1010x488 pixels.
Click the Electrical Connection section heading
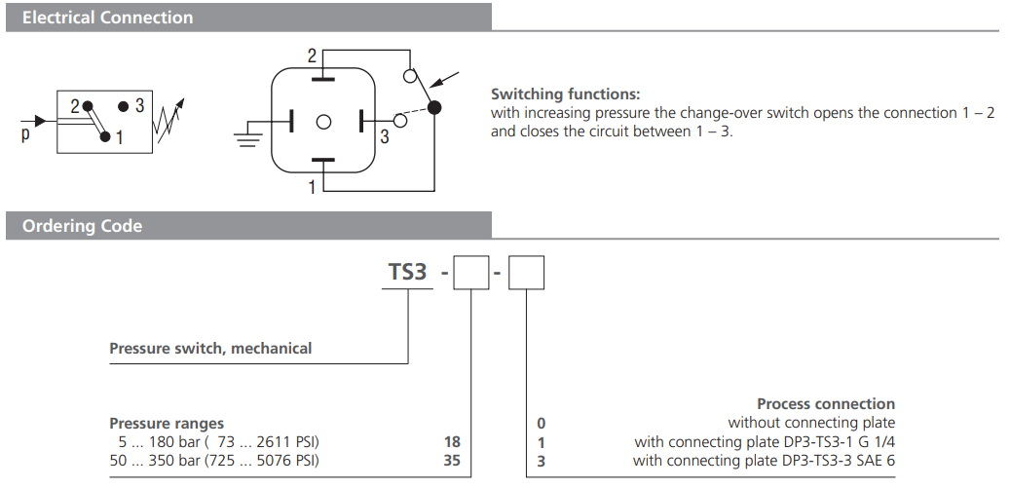click(x=107, y=18)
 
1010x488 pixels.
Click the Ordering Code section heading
click(x=82, y=226)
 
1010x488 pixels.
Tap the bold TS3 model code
click(x=408, y=272)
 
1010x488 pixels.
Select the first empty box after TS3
click(x=471, y=272)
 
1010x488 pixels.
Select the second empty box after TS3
click(x=527, y=272)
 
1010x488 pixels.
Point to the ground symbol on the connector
click(x=249, y=135)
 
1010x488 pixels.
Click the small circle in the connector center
click(x=323, y=121)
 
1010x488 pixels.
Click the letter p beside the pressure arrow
click(x=25, y=135)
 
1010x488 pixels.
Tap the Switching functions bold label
click(x=565, y=94)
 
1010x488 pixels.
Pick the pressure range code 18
click(x=451, y=441)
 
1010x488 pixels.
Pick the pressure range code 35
click(x=451, y=460)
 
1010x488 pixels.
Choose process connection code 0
click(x=542, y=423)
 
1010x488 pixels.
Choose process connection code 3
click(x=542, y=460)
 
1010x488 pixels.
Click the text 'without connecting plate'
click(x=811, y=423)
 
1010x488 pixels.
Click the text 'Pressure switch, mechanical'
click(x=210, y=348)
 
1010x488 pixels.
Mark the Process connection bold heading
click(x=825, y=403)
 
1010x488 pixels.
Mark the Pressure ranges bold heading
click(x=167, y=423)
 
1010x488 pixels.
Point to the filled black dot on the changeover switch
click(x=434, y=107)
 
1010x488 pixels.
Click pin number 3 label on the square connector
click(x=385, y=138)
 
